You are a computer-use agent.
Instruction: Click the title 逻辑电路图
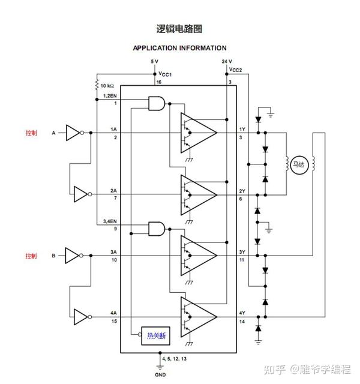[x=179, y=28]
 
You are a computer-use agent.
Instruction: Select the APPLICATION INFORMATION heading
[x=179, y=48]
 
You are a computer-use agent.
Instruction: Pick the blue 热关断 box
[x=154, y=336]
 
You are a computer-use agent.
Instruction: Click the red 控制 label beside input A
[x=31, y=133]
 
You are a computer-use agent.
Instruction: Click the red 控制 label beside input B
[x=31, y=256]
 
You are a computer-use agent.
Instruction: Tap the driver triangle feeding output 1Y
[x=199, y=133]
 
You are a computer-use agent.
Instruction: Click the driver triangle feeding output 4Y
[x=199, y=316]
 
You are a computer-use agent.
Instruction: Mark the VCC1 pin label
[x=165, y=73]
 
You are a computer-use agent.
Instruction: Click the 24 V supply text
[x=226, y=62]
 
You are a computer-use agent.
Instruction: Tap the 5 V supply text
[x=154, y=62]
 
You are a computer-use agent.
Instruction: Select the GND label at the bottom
[x=160, y=374]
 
